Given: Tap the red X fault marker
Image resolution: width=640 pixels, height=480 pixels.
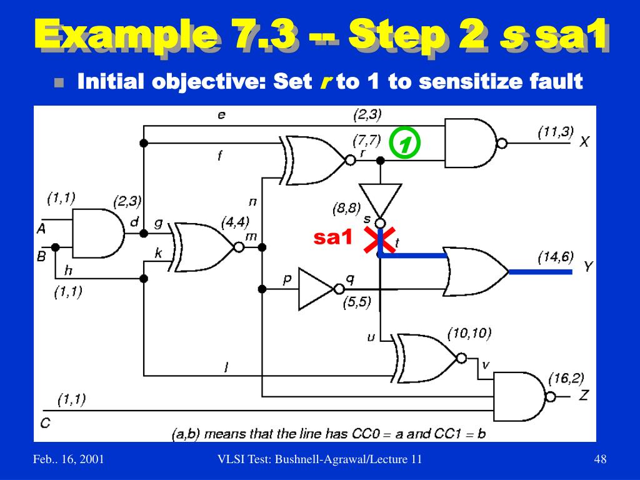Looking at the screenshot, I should (379, 241).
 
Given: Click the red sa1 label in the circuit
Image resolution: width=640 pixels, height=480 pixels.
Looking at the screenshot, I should (333, 237).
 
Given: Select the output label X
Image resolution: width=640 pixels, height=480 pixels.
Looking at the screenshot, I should (584, 142).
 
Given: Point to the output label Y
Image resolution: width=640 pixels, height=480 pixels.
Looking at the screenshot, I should (587, 267).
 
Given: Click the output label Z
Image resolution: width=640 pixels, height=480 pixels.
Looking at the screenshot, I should (584, 395).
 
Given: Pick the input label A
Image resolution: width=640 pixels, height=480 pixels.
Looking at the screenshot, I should (41, 229).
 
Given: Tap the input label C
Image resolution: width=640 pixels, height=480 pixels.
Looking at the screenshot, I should (45, 422).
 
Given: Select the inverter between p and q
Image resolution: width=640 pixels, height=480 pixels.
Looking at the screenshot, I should (317, 289).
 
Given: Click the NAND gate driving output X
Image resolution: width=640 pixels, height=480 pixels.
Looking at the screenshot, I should (471, 143).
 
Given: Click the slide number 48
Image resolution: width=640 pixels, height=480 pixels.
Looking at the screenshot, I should (601, 460).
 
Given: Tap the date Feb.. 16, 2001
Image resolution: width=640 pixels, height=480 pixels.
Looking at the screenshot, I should (69, 460).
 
